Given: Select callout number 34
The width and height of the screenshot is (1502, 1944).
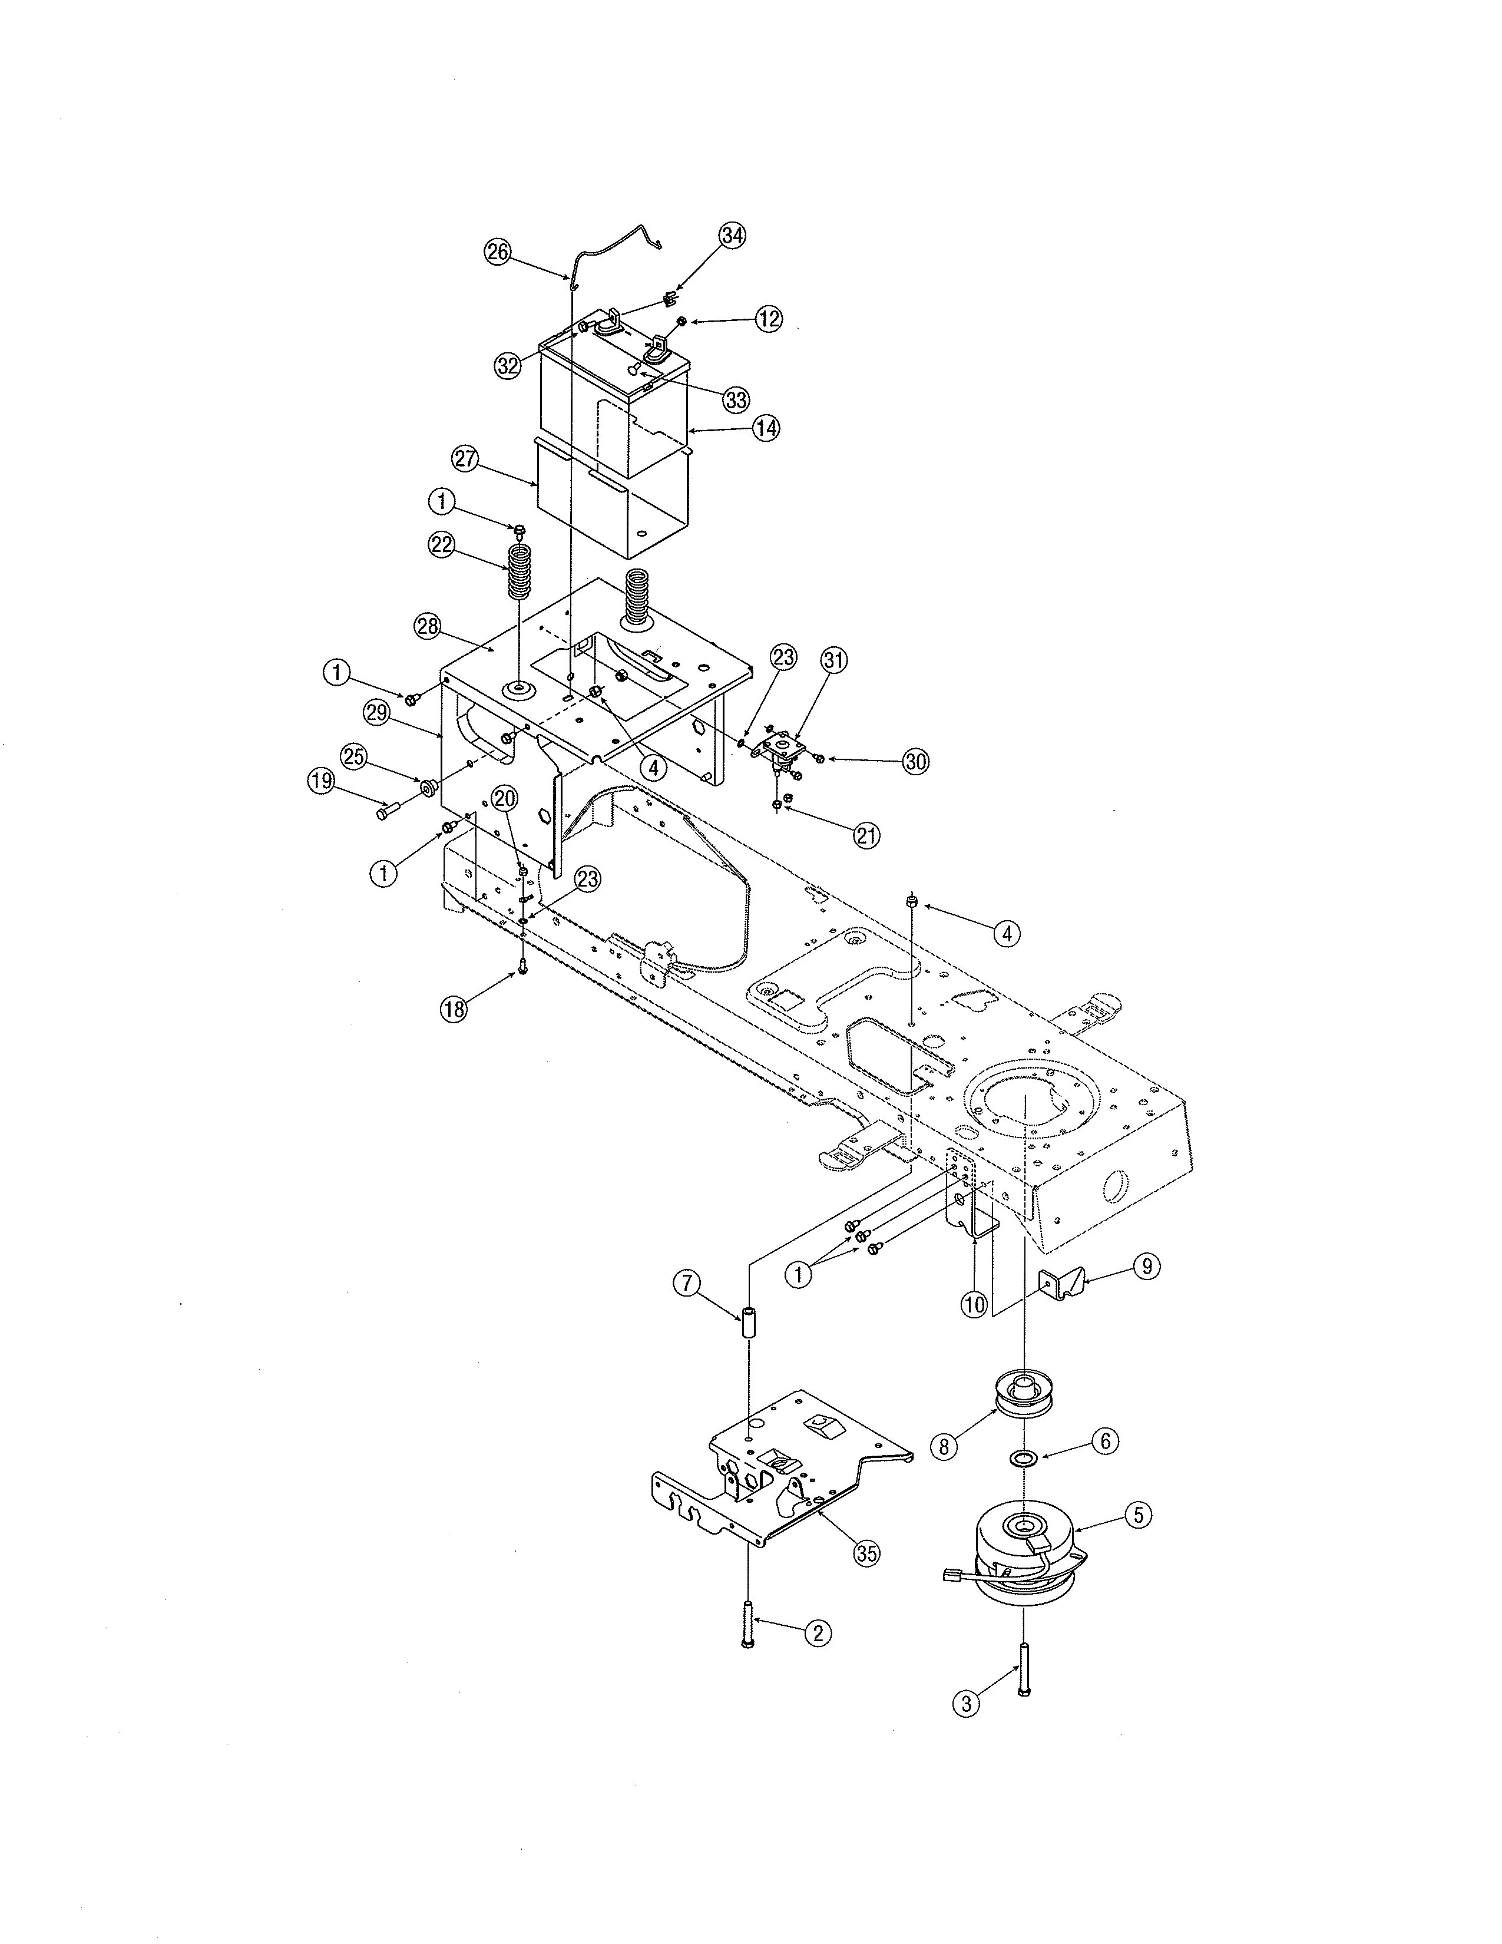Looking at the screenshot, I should pyautogui.click(x=732, y=236).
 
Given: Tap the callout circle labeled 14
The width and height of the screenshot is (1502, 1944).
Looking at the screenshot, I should pyautogui.click(x=765, y=428).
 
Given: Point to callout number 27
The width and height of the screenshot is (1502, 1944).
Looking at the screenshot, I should pyautogui.click(x=465, y=459).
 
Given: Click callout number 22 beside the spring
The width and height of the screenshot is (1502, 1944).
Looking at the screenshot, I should pyautogui.click(x=442, y=545).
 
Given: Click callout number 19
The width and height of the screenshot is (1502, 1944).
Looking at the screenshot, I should pyautogui.click(x=320, y=782).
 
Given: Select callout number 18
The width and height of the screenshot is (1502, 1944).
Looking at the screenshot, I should pyautogui.click(x=454, y=1009).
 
